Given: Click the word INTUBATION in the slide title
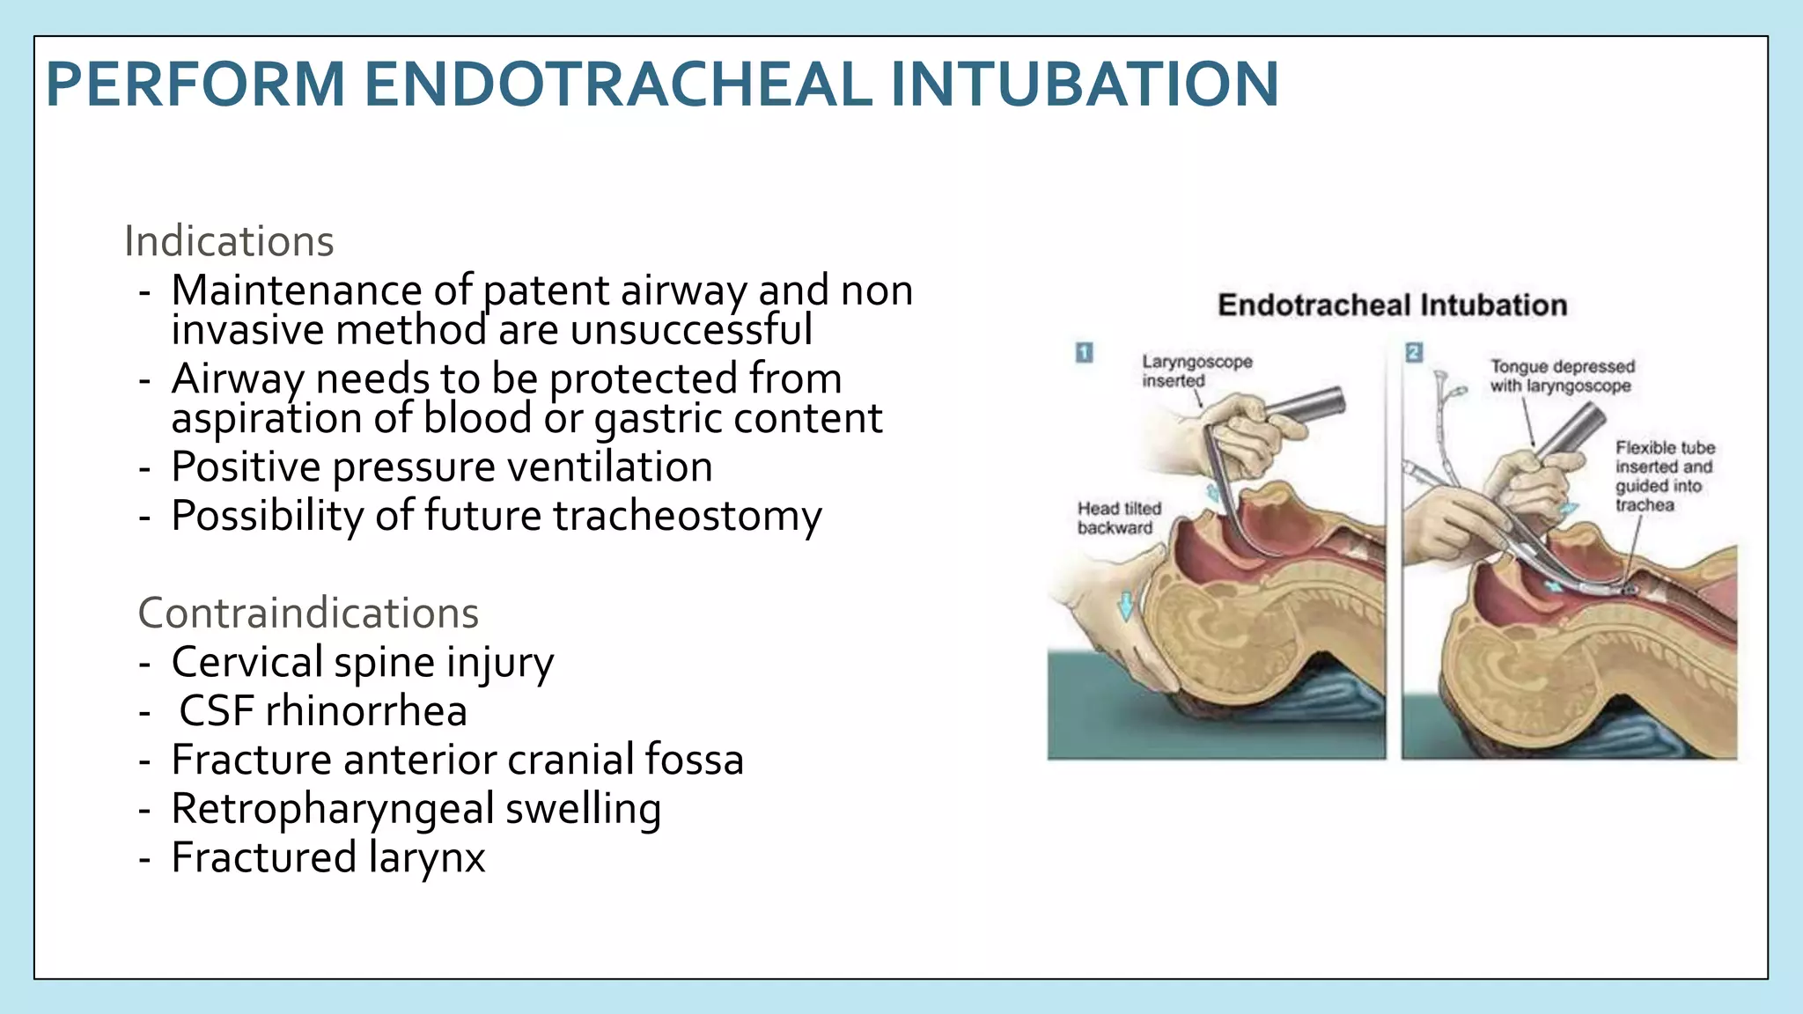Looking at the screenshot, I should click(x=1084, y=84).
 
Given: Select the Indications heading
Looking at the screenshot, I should click(x=229, y=241).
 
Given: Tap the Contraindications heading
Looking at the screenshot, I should click(x=308, y=613).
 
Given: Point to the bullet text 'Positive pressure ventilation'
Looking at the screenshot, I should click(x=442, y=467).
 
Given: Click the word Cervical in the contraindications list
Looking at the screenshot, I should click(x=247, y=662).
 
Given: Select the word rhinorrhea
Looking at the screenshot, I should click(x=366, y=711).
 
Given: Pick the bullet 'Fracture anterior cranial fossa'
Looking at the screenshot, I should click(x=457, y=760).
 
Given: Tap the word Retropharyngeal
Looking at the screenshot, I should click(x=333, y=809).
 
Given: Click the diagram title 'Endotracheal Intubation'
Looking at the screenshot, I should click(x=1392, y=305).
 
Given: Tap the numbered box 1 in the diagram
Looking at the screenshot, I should click(x=1084, y=353).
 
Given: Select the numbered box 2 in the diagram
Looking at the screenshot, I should click(x=1414, y=353).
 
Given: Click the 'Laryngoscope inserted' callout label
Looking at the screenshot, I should click(x=1196, y=371).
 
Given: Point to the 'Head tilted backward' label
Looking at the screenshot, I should click(x=1119, y=518).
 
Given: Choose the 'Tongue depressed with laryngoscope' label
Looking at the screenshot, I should click(x=1561, y=376).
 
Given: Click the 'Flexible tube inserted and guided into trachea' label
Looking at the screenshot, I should click(x=1663, y=476).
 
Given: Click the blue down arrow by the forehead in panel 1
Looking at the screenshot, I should click(x=1124, y=606).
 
